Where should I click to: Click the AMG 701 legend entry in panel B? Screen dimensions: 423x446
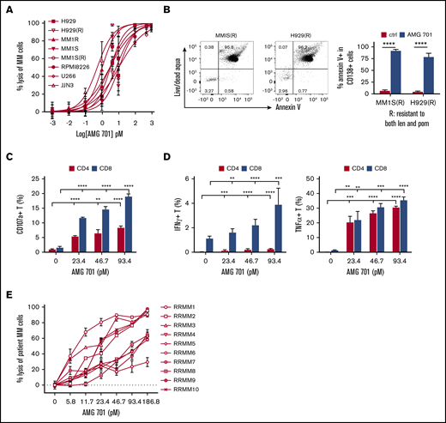(x=409, y=23)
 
